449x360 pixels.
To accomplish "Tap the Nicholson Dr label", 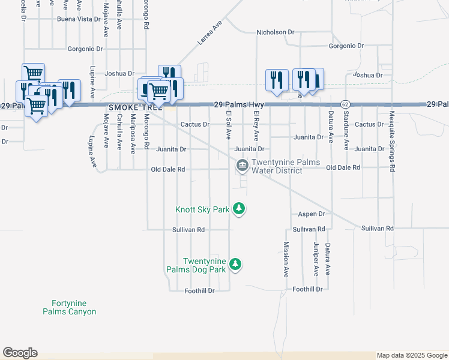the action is coord(276,32).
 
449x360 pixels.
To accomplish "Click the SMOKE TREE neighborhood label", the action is coord(136,107).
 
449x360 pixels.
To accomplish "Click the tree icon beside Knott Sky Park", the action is coord(240,209).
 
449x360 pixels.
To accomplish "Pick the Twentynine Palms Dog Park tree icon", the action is coord(236,264).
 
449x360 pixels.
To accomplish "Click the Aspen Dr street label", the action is coord(312,214).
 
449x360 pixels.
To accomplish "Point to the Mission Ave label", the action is coord(286,259).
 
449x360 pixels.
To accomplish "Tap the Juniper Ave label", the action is coord(316,259).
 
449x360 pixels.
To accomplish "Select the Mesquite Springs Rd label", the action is coord(392,142).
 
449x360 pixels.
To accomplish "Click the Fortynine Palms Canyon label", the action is coord(70,307).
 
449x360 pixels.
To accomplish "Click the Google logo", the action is coord(20,353).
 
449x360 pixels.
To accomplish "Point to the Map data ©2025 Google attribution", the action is coord(412,356).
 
